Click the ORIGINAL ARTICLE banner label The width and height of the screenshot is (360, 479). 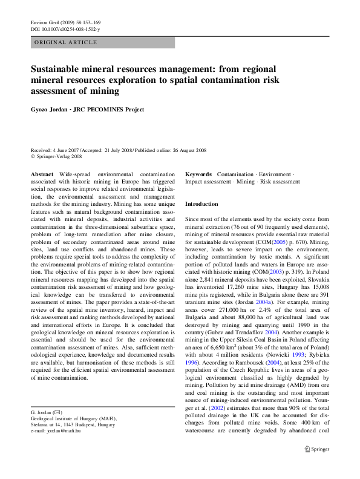click(66, 42)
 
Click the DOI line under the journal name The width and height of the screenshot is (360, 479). click(65, 29)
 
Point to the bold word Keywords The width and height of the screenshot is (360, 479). click(198, 174)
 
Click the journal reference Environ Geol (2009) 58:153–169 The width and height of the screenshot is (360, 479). click(65, 22)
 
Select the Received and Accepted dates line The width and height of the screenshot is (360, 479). click(119, 150)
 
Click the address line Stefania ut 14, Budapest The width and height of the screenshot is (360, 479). click(73, 424)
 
